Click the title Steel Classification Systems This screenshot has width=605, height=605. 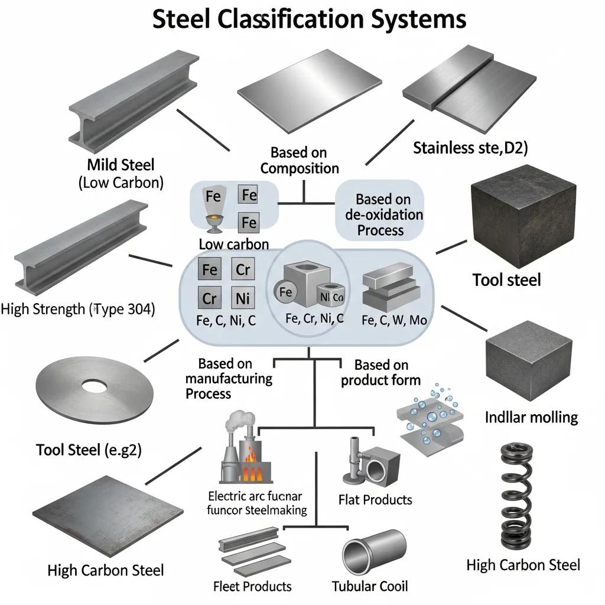pos(310,19)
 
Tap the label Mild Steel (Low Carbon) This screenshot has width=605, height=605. pos(121,173)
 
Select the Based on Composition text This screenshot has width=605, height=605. pos(300,161)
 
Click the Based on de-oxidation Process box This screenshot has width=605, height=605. pos(380,214)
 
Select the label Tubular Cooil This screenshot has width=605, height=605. pos(370,586)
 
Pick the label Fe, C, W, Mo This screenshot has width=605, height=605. pos(393,320)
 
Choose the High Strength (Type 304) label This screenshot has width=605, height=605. pos(78,308)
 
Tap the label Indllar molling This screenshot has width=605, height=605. pos(531,417)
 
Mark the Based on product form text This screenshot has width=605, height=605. pos(380,372)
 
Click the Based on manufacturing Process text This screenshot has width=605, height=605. pos(229,378)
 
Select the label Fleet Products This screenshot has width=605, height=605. pos(252,586)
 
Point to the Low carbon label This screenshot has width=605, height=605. pos(233,243)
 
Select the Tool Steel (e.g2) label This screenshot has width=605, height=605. pos(89,450)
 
